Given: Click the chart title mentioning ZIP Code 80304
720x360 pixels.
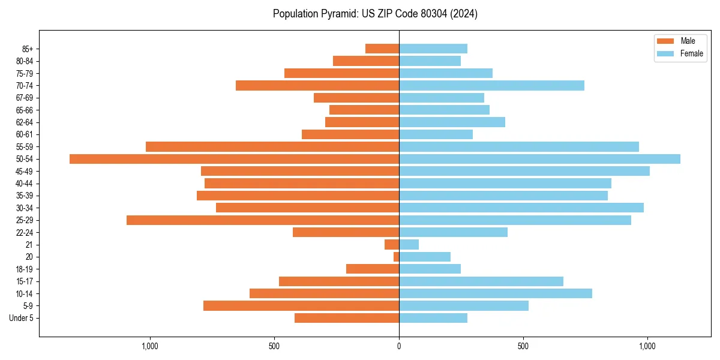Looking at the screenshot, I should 375,14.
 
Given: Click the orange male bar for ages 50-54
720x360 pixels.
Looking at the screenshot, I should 234,159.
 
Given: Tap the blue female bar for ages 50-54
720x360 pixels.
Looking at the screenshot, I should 539,159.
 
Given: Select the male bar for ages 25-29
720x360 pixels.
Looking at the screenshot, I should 263,220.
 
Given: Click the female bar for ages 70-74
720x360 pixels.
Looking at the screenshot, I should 491,86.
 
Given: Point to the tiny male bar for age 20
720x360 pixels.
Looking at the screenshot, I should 396,257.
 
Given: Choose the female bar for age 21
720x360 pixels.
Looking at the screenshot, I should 409,245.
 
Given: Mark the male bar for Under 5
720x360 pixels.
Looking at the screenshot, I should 347,318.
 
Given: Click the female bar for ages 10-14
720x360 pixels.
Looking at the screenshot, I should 495,293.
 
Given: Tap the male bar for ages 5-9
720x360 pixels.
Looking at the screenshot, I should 301,306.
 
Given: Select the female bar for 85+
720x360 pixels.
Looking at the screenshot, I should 433,49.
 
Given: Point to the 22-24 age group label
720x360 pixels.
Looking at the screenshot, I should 24,233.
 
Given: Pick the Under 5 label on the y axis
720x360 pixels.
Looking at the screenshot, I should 21,318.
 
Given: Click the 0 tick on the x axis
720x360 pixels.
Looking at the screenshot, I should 399,346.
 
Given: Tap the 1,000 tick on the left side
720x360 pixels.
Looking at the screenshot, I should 149,346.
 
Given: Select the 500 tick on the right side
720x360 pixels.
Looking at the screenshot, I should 523,346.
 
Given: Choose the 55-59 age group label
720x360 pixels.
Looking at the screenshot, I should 24,147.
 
